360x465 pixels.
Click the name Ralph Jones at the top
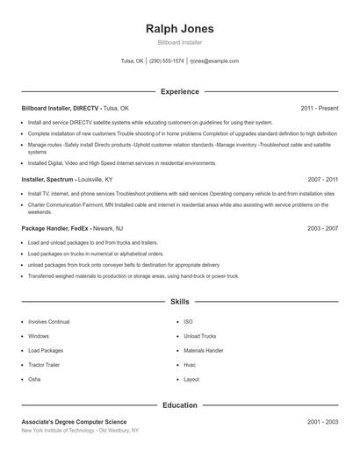point(179,29)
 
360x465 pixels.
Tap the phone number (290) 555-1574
point(167,61)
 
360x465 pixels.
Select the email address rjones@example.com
point(214,61)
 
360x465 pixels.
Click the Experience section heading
point(179,91)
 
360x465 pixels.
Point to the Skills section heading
point(179,302)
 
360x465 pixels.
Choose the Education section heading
point(179,405)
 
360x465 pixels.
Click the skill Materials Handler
point(203,350)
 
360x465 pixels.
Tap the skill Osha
point(34,379)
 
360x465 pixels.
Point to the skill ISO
point(188,322)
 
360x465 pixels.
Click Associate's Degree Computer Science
point(74,422)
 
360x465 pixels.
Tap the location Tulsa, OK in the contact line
point(133,61)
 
